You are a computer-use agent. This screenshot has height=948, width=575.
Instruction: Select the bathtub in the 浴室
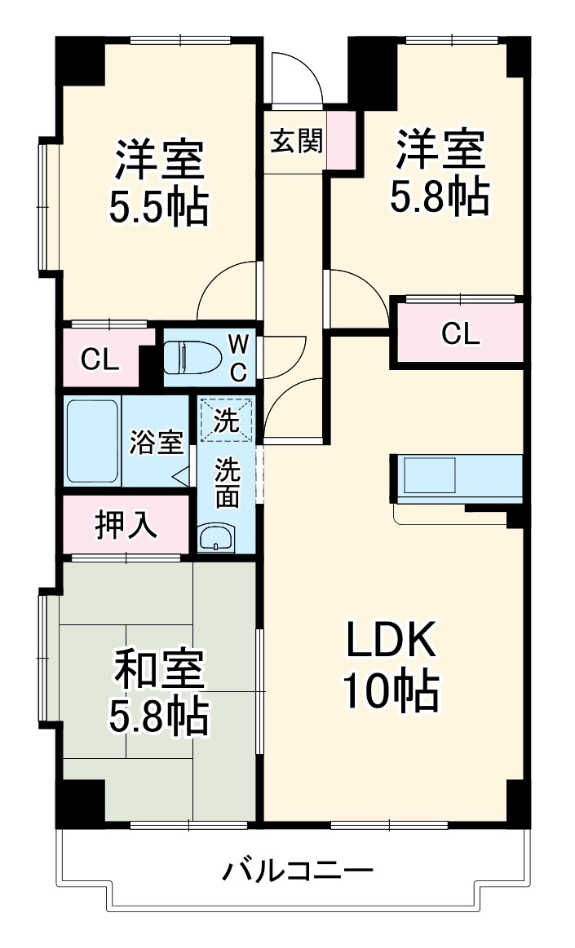coord(93,441)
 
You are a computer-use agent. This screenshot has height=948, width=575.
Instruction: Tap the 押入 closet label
coord(126,525)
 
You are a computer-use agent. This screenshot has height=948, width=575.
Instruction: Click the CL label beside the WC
coord(100,358)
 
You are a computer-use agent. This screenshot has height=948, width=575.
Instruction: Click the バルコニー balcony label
coord(298,871)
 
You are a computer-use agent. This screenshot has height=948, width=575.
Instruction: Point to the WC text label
coord(237,356)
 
